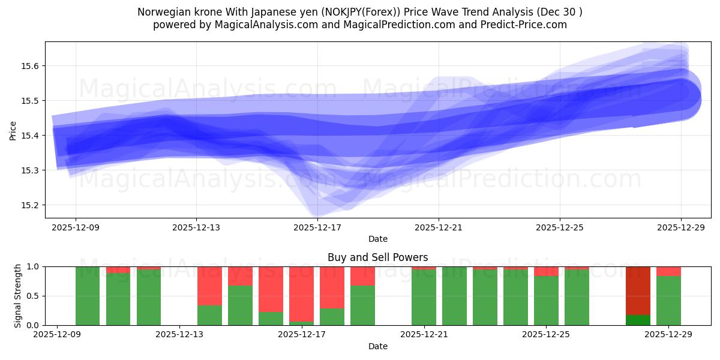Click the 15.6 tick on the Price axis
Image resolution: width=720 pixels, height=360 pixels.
coord(30,66)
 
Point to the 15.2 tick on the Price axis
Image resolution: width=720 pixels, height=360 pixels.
coord(30,205)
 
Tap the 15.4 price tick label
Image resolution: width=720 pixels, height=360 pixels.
coord(30,136)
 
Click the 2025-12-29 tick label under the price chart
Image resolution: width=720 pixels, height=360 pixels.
coord(680,227)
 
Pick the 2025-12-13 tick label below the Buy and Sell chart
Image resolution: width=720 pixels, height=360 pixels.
coord(179,335)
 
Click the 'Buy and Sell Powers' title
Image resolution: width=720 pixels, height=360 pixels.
coord(377,257)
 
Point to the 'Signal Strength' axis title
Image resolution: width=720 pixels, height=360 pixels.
coord(18,295)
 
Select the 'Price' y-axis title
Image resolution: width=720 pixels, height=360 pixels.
coord(13,130)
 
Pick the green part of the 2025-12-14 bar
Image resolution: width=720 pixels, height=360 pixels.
coord(240,305)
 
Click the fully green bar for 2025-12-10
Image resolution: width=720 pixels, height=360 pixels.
coord(88,296)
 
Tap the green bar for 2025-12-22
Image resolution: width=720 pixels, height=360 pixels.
coord(454,296)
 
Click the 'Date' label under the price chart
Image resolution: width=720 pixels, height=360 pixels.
coord(377,239)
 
